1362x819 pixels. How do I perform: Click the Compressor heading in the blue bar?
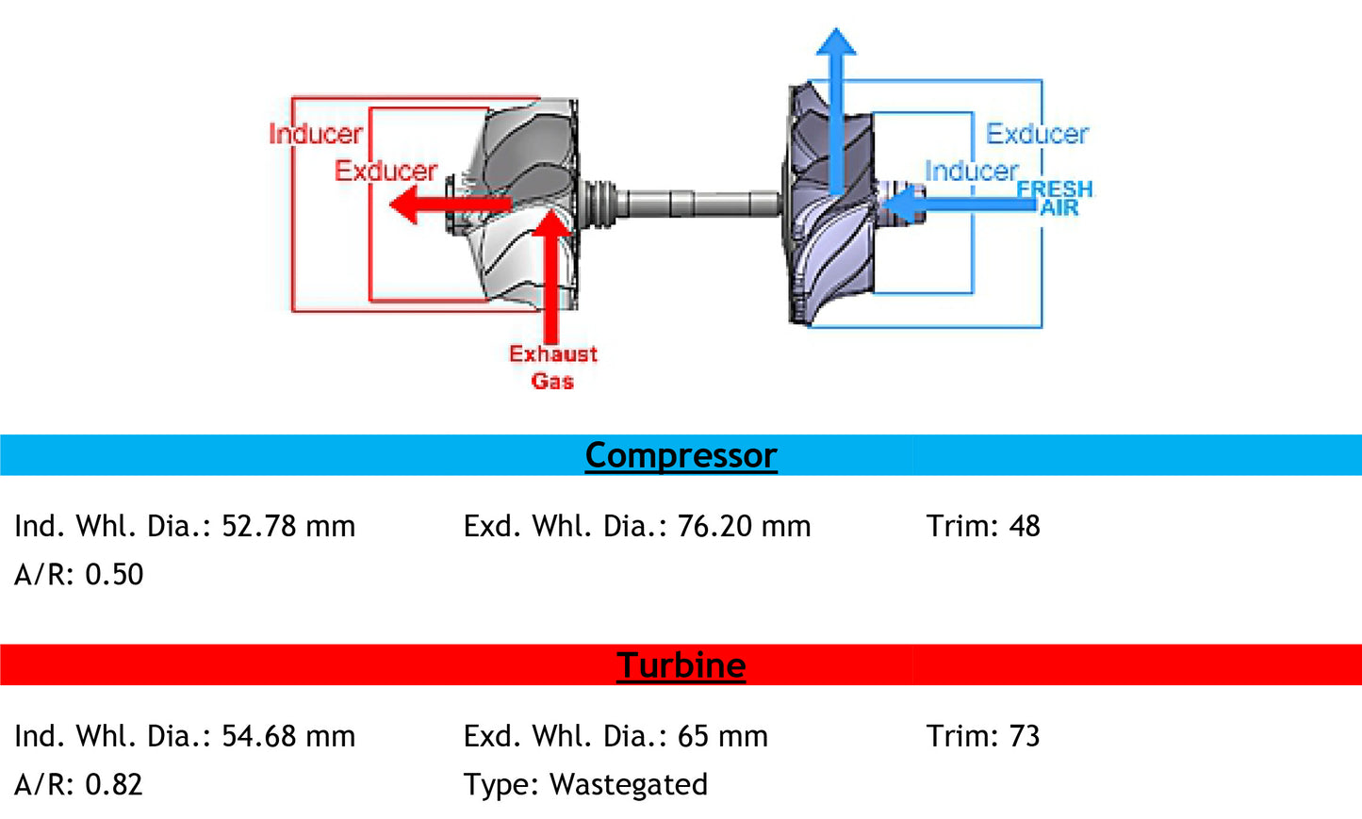pos(681,455)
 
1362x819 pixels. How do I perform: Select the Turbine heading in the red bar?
pos(681,665)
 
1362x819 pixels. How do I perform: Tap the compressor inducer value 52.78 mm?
pos(288,526)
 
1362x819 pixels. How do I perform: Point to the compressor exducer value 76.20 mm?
pos(744,526)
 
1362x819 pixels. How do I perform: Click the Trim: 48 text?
pos(983,526)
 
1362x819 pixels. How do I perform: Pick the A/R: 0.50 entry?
pos(79,574)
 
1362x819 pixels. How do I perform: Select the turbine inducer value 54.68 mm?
pos(288,736)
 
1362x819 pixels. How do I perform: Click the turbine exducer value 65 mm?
pos(723,736)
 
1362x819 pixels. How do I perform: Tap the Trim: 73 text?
pos(983,736)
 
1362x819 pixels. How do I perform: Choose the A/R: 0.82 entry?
pos(79,784)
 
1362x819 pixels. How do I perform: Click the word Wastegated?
pos(629,784)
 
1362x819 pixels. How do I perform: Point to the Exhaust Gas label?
pos(553,367)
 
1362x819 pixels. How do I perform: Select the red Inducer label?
pos(316,134)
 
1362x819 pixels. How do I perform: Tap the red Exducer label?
pos(386,171)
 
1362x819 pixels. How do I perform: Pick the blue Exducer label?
pos(1037,134)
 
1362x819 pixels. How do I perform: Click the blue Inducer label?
pos(971,171)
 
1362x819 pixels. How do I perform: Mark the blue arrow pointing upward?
pos(836,104)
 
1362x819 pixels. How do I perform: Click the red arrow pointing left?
pos(443,204)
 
